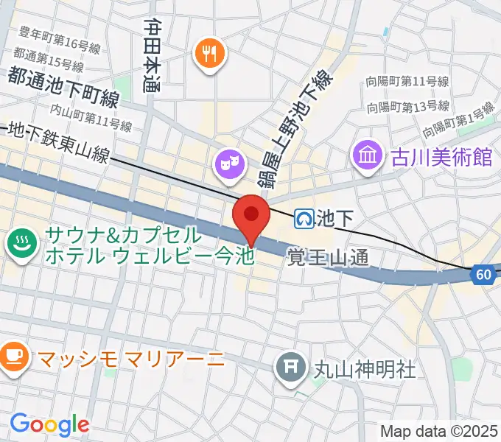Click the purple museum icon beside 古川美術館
click(x=365, y=156)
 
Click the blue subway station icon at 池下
click(x=304, y=217)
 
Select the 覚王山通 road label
click(x=327, y=256)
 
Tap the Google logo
click(x=49, y=424)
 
